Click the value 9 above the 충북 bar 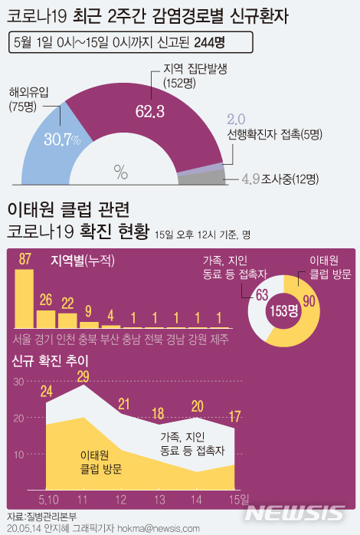point(89,310)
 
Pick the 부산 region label point(111,338)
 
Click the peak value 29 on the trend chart point(83,376)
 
